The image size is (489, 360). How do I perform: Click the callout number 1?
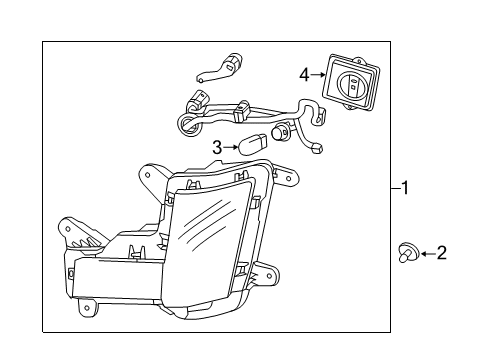(x=406, y=187)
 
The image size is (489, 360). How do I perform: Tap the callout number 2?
(x=441, y=253)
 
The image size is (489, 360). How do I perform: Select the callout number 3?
(x=217, y=148)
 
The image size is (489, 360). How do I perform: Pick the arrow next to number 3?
(x=231, y=148)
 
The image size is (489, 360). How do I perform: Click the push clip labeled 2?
(x=407, y=252)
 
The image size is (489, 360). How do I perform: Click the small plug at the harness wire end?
(x=317, y=148)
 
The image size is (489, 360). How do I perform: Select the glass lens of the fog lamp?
(x=210, y=233)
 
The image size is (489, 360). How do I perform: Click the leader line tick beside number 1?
(x=395, y=187)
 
